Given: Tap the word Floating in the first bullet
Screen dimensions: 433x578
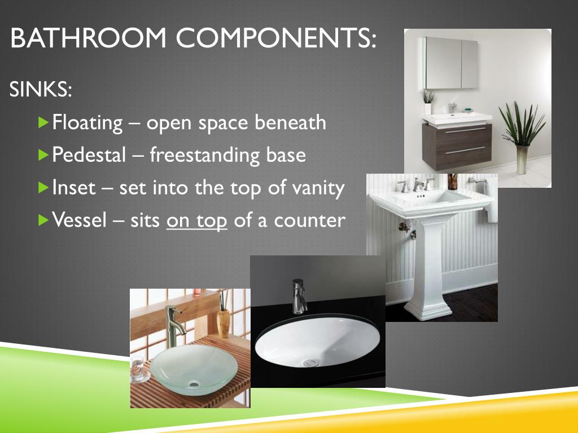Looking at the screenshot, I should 87,122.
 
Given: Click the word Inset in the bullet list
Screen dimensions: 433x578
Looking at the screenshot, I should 73,188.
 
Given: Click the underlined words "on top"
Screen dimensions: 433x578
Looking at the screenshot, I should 197,220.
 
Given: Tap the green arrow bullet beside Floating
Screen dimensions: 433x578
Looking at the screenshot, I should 44,122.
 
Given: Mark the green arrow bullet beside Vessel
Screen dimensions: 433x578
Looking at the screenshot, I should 44,219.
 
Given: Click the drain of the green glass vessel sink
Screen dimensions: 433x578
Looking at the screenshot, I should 194,384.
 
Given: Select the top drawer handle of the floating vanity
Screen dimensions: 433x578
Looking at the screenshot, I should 465,130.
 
